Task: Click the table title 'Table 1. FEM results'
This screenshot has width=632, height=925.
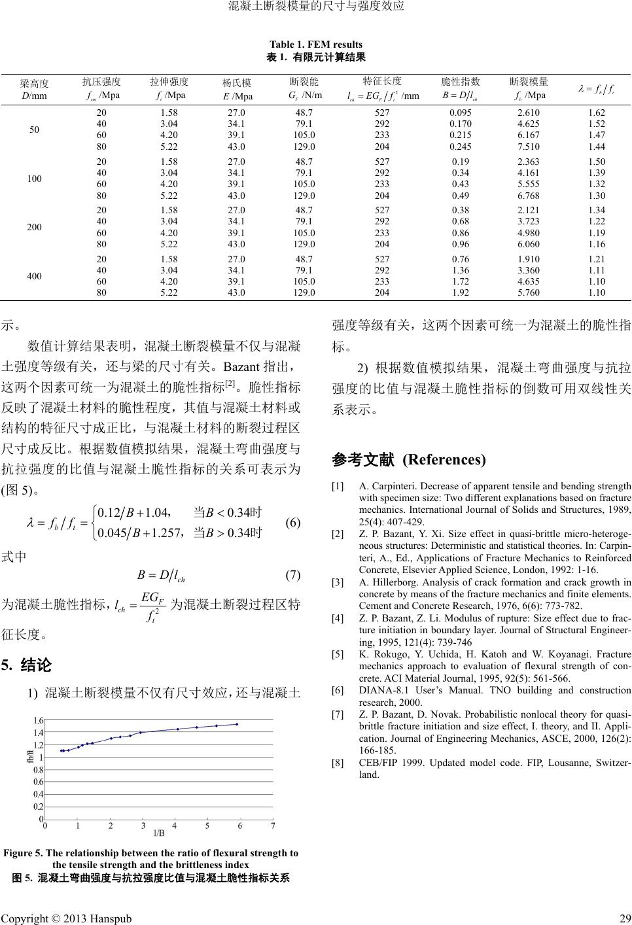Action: tap(315, 44)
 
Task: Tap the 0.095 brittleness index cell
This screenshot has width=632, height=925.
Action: tap(461, 112)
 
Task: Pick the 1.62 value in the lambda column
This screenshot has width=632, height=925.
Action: tap(597, 112)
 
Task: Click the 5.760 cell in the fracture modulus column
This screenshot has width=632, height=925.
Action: tap(528, 292)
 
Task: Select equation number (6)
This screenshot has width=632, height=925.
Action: tap(293, 523)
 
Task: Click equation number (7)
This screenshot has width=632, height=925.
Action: tap(293, 576)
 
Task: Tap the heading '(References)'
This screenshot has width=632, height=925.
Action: tap(444, 460)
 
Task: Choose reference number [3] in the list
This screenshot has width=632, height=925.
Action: tap(338, 582)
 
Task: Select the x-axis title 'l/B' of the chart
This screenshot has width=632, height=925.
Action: tap(158, 833)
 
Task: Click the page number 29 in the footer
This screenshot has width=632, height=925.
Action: tap(624, 918)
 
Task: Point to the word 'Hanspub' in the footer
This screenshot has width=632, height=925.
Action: tap(109, 918)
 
